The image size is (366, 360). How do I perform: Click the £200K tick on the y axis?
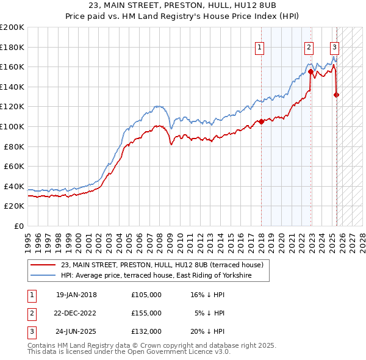13,27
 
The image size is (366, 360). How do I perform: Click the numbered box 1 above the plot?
260,47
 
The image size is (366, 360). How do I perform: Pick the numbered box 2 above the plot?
309,47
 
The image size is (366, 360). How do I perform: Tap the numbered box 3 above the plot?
335,47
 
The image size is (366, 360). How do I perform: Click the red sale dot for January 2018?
261,121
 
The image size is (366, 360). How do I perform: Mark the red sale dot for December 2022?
311,71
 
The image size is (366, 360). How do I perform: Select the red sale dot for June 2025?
337,95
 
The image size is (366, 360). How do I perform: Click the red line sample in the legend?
42,265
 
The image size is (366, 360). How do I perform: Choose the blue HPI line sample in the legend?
42,276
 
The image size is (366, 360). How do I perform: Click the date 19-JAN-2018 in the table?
76,295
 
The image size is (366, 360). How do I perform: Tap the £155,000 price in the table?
146,313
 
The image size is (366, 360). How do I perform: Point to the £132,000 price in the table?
146,331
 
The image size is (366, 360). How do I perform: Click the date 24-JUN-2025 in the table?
76,331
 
